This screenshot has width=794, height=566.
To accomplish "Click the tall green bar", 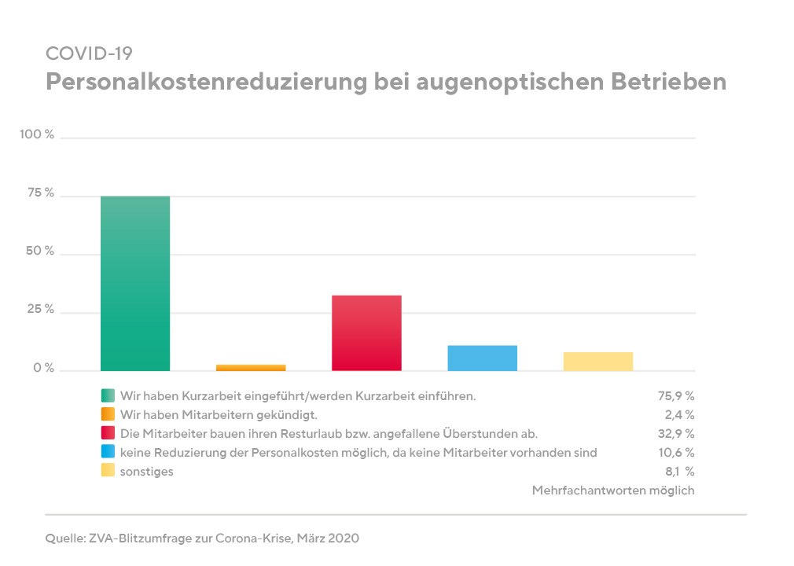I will [135, 283].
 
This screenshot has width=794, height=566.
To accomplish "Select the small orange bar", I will [251, 367].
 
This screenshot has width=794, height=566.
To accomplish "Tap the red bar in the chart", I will [366, 333].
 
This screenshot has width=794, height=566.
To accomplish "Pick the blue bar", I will [482, 358].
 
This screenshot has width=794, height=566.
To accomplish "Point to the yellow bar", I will [597, 361].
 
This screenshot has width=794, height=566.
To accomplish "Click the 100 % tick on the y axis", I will [37, 135].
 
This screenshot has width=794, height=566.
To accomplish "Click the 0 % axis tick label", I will [42, 368].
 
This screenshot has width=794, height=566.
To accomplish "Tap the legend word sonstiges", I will [146, 472].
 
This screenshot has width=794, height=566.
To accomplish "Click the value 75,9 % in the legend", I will [675, 395].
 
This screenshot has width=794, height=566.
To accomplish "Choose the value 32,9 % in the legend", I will [675, 433].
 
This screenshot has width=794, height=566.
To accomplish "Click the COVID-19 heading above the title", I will [89, 53].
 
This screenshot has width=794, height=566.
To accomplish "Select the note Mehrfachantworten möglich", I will [613, 491].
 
